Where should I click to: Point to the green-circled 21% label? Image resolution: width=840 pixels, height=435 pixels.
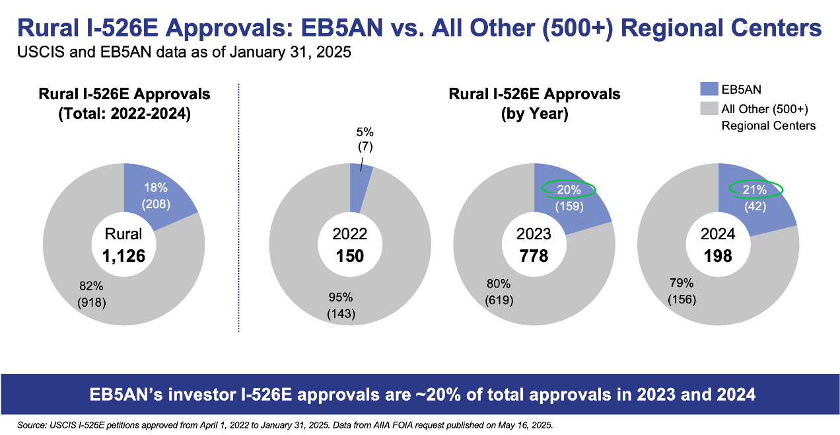[756, 190]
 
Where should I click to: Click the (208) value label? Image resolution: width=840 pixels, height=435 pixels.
[156, 204]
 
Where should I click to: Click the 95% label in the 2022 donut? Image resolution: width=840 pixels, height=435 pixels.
[341, 297]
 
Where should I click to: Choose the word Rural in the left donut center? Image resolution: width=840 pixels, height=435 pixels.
[124, 234]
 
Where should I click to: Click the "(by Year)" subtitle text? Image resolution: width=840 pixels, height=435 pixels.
[534, 113]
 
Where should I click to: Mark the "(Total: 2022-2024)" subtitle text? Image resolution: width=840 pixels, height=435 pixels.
[124, 113]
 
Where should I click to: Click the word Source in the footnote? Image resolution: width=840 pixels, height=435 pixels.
[34, 422]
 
